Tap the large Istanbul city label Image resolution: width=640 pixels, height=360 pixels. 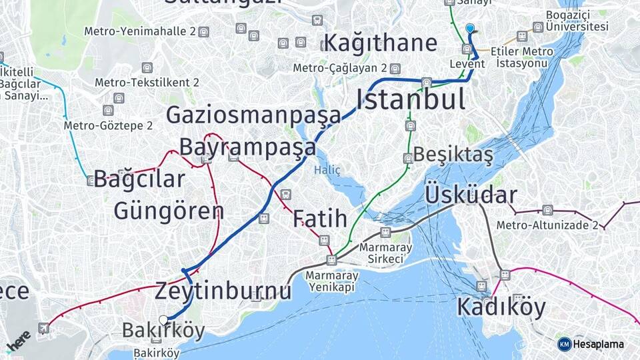(411, 99)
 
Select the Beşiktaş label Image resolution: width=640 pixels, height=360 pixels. (453, 154)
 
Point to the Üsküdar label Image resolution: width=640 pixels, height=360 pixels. (471, 195)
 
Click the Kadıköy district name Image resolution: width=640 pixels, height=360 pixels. (501, 307)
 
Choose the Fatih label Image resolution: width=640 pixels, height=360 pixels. (320, 218)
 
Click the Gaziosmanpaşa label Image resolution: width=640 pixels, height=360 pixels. (253, 115)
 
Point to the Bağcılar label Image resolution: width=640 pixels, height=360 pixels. (139, 179)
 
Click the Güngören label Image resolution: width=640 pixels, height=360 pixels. (169, 211)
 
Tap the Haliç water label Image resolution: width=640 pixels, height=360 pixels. (327, 171)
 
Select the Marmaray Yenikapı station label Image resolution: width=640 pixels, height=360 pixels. (332, 281)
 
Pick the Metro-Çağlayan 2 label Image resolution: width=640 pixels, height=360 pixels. (340, 68)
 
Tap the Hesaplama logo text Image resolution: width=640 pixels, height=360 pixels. (597, 344)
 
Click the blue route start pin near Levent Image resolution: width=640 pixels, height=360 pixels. (470, 29)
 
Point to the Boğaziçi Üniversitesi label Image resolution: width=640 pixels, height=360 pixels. (577, 21)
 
